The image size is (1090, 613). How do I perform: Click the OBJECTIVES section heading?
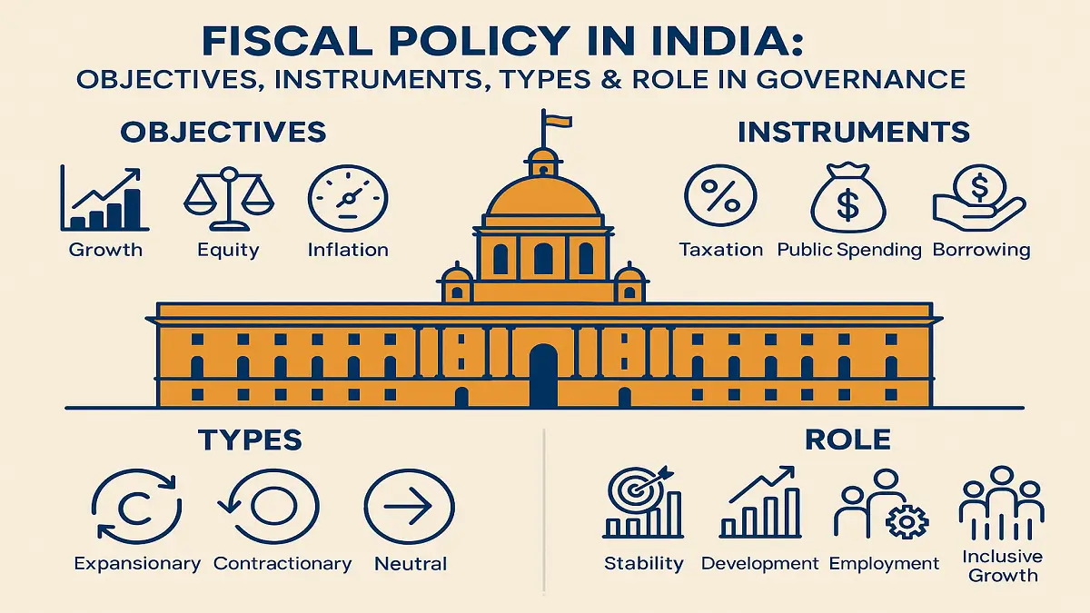pos(223,132)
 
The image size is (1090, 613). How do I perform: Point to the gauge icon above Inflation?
pos(348,199)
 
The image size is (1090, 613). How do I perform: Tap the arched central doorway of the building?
pos(543,375)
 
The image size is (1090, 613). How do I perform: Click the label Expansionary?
pos(137,564)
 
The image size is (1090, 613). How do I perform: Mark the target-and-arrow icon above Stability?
pos(642,504)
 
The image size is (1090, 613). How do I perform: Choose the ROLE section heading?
pos(847,440)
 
